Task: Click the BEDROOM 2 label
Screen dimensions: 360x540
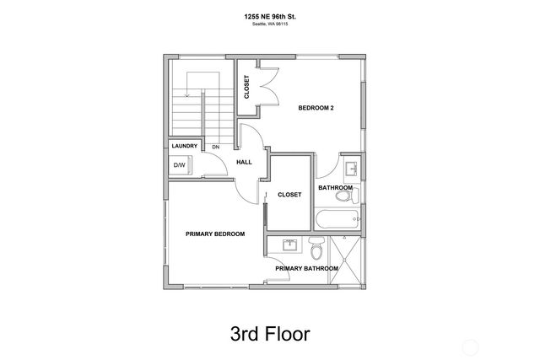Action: pos(316,108)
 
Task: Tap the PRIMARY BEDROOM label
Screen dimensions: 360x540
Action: pos(215,234)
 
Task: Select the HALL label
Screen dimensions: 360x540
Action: pos(244,162)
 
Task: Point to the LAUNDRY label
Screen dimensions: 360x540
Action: pos(185,146)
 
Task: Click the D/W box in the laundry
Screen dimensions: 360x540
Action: pos(180,165)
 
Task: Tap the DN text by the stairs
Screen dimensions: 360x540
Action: pos(215,147)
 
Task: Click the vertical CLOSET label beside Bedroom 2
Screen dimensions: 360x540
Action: pos(247,87)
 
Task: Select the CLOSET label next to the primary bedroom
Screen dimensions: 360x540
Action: pos(289,194)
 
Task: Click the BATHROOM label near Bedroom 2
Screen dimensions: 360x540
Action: pos(335,187)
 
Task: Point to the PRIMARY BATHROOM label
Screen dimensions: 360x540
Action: pos(306,268)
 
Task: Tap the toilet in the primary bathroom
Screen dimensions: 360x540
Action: pos(316,250)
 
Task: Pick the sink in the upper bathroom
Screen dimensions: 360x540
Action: pos(351,167)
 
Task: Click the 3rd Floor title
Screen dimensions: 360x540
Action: pos(269,332)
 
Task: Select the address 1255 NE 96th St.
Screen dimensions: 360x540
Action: pos(269,16)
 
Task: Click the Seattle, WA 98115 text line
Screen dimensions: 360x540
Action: pos(269,24)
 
